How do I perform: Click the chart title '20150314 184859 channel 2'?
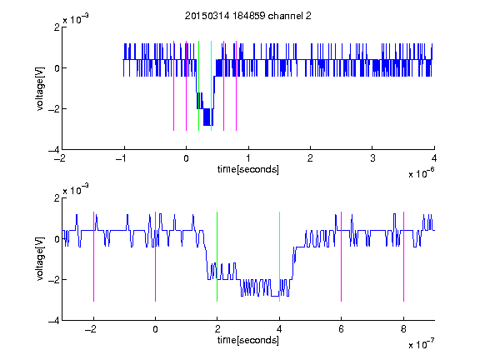(x=248, y=16)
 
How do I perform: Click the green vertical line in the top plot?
(x=198, y=86)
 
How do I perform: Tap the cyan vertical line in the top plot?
(x=211, y=86)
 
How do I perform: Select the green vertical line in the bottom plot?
(x=217, y=257)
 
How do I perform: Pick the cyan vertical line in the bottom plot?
(x=279, y=257)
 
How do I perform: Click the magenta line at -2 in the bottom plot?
(x=93, y=257)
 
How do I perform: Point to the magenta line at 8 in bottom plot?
(x=403, y=257)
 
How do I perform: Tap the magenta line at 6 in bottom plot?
(x=342, y=257)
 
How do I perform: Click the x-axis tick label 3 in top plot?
(x=372, y=158)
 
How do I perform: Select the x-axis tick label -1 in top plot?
(x=121, y=158)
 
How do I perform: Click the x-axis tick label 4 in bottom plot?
(x=279, y=329)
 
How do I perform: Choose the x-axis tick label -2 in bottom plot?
(x=91, y=329)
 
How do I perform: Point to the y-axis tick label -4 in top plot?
(x=53, y=150)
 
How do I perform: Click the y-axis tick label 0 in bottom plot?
(x=57, y=239)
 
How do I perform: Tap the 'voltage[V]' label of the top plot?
(x=40, y=88)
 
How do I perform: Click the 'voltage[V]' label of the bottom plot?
(x=40, y=259)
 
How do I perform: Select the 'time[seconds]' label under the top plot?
(x=248, y=169)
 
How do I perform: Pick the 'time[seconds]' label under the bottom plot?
(x=248, y=340)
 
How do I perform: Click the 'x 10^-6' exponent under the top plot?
(x=421, y=173)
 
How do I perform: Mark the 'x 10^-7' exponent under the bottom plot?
(x=421, y=344)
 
